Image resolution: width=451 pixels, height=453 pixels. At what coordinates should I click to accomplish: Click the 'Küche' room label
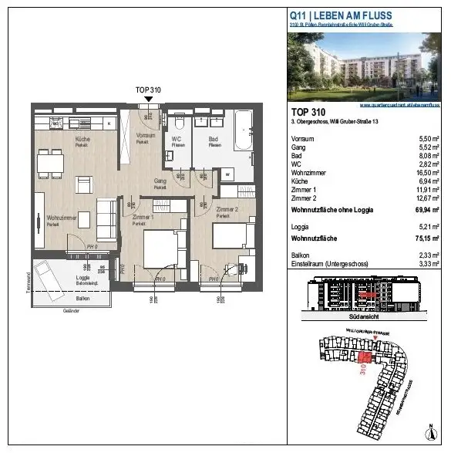point(82,139)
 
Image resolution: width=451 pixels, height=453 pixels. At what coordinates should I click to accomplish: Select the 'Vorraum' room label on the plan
point(146,136)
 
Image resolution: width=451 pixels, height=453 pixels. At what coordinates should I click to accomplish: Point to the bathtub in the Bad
point(242,131)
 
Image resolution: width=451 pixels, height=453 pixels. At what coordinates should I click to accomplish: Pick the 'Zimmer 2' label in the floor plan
point(227,210)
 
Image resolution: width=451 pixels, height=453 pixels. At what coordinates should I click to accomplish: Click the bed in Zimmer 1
point(163,249)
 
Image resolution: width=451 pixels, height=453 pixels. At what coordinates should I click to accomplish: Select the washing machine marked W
point(227,174)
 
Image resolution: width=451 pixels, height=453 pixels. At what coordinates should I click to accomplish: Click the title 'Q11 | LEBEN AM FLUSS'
point(340,15)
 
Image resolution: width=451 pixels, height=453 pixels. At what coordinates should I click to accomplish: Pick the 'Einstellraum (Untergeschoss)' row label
point(327,262)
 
